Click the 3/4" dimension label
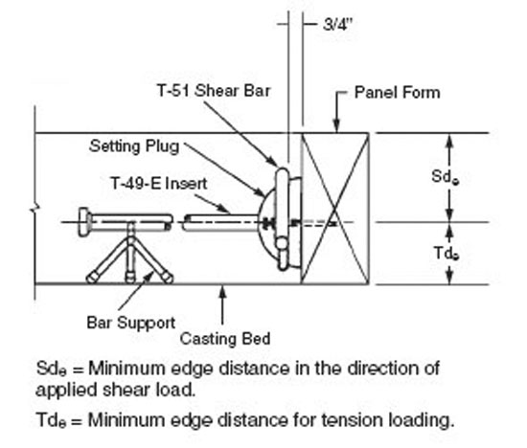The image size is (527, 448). [x=337, y=24]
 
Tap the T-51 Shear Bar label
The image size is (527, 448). [x=214, y=91]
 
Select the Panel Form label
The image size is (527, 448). [x=398, y=93]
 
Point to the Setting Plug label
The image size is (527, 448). [x=134, y=146]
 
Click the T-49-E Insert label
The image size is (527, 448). [x=159, y=184]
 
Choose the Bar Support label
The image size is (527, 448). [x=131, y=323]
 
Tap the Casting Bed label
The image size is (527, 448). [x=225, y=339]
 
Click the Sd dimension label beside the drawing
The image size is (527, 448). [x=445, y=177]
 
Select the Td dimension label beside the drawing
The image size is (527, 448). [x=447, y=253]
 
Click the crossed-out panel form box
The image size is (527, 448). [x=334, y=209]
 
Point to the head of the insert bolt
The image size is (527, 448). [x=84, y=222]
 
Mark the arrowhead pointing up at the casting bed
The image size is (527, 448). [x=222, y=292]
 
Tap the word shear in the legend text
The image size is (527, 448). [x=126, y=390]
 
